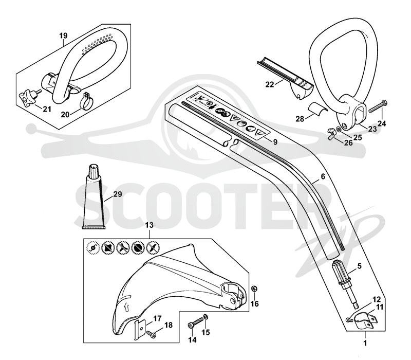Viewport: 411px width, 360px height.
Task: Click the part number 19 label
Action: pyautogui.click(x=63, y=35)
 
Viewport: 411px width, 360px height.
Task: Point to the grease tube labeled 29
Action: pyautogui.click(x=94, y=197)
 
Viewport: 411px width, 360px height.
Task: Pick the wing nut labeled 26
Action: pyautogui.click(x=331, y=133)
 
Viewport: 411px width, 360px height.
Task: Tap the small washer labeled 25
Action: pyautogui.click(x=339, y=130)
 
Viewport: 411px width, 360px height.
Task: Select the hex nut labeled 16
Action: pyautogui.click(x=254, y=289)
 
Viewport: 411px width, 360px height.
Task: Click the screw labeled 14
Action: pyautogui.click(x=196, y=322)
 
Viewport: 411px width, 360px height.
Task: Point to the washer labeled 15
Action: pyautogui.click(x=207, y=317)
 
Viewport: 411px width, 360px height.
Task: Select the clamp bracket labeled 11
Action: pyautogui.click(x=366, y=320)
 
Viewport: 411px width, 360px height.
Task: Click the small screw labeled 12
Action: pyautogui.click(x=349, y=319)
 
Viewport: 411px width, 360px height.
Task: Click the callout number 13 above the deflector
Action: pyautogui.click(x=149, y=225)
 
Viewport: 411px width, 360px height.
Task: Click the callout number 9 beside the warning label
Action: pyautogui.click(x=275, y=142)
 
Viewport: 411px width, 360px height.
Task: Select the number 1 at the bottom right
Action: pyautogui.click(x=365, y=343)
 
